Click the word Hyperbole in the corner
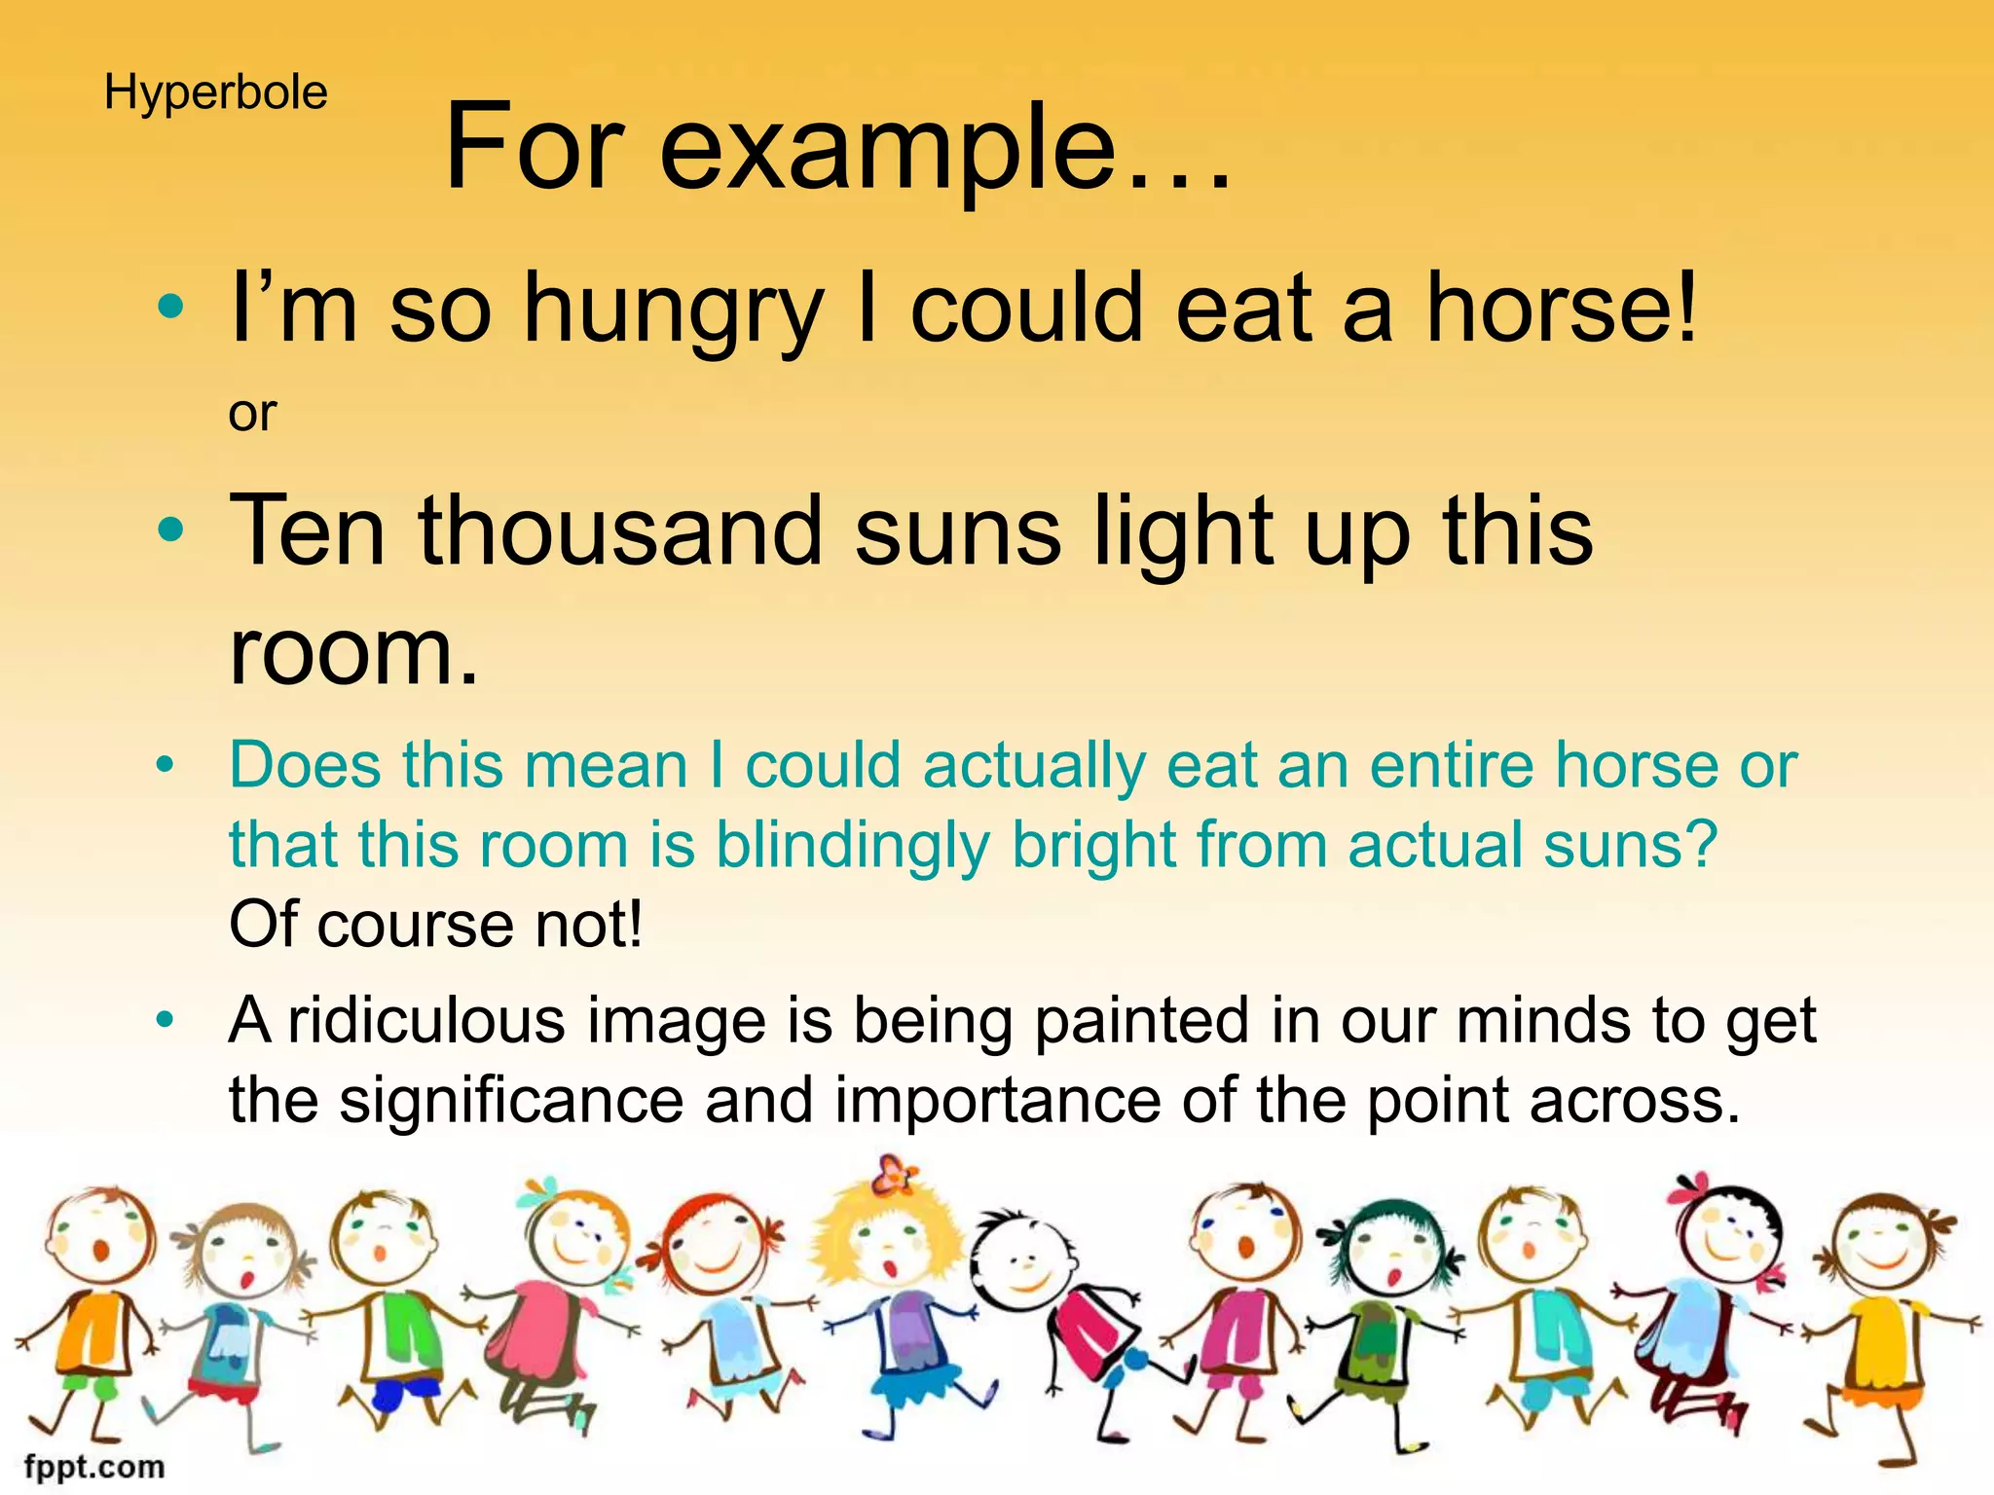point(215,94)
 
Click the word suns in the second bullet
point(958,533)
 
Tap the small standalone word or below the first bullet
point(252,415)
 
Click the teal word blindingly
point(852,845)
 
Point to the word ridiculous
point(426,1021)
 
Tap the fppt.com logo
point(94,1467)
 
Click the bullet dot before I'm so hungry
point(170,310)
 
